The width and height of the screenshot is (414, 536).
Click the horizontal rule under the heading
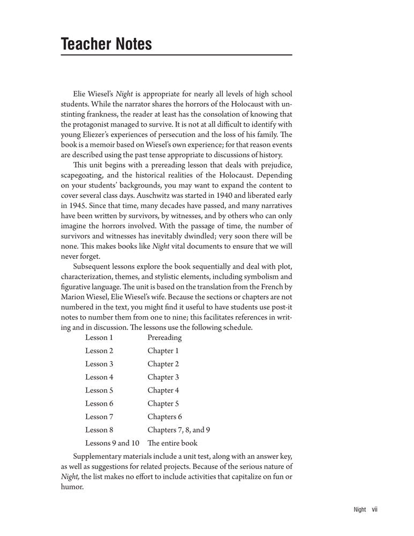click(176, 55)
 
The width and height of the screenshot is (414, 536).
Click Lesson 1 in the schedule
click(99, 338)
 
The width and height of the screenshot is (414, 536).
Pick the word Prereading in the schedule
click(164, 338)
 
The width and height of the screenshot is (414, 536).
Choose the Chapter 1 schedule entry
click(163, 351)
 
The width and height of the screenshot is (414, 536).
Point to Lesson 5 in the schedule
click(99, 390)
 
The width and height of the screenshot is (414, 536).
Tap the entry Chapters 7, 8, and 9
click(179, 430)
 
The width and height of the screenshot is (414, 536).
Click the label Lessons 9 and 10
click(112, 443)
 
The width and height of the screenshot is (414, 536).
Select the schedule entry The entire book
click(172, 443)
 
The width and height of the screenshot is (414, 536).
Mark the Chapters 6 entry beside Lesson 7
click(163, 416)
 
